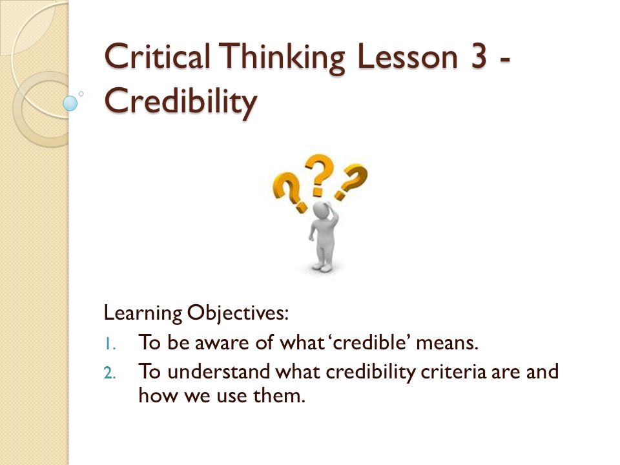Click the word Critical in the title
click(x=157, y=56)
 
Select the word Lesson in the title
click(x=407, y=57)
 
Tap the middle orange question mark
click(x=320, y=174)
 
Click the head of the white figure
click(x=321, y=210)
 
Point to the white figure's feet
click(x=321, y=267)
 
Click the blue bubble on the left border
click(x=70, y=103)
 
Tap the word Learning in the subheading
click(x=143, y=314)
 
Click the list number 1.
click(x=110, y=344)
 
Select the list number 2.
click(x=110, y=373)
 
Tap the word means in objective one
click(x=447, y=342)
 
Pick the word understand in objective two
click(x=219, y=372)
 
